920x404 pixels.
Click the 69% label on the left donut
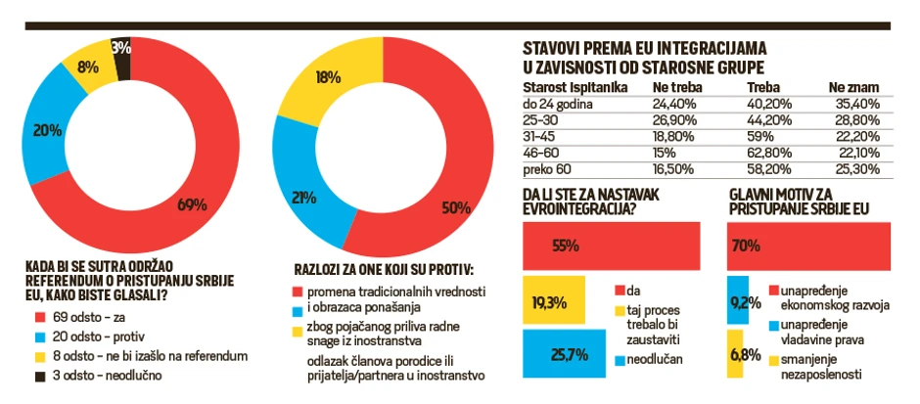[191, 204]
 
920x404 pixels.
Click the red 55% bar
[611, 246]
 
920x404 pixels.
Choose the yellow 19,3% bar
[554, 301]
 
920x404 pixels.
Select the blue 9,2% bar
[740, 300]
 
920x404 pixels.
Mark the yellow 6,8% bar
[739, 353]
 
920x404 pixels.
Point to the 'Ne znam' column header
[850, 86]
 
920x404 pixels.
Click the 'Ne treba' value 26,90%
[672, 118]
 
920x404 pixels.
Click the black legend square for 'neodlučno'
[39, 375]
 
